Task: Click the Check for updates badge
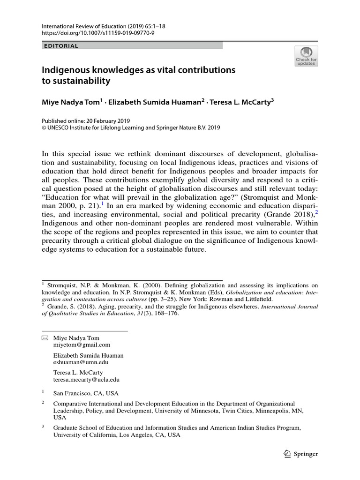pyautogui.click(x=306, y=56)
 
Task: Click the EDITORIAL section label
pyautogui.click(x=60, y=46)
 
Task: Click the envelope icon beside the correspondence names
pyautogui.click(x=45, y=338)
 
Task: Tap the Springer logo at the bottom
pyautogui.click(x=301, y=454)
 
